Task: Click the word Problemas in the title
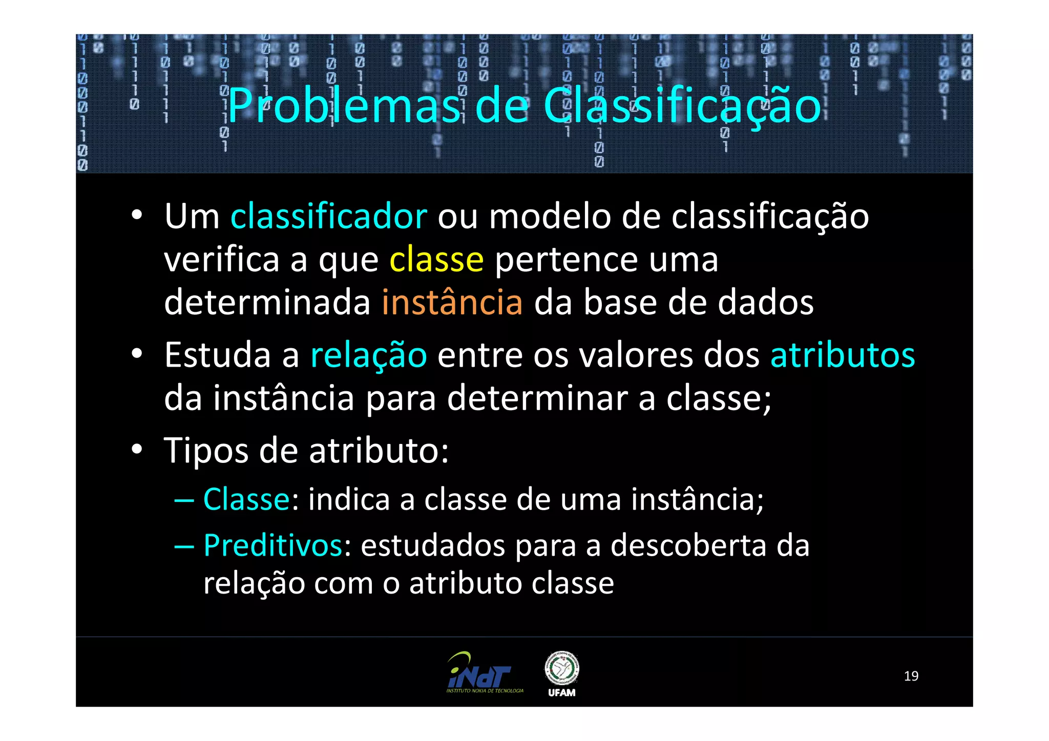pyautogui.click(x=344, y=106)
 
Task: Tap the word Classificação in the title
pyautogui.click(x=682, y=106)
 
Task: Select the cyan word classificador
pyautogui.click(x=328, y=217)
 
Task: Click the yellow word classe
pyautogui.click(x=436, y=260)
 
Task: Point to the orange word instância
pyautogui.click(x=452, y=303)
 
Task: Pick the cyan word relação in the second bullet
pyautogui.click(x=369, y=355)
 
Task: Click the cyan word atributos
pyautogui.click(x=843, y=355)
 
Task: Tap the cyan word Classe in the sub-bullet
pyautogui.click(x=247, y=499)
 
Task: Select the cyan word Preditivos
pyautogui.click(x=273, y=545)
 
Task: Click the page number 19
pyautogui.click(x=911, y=676)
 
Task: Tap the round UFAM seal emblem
pyautogui.click(x=562, y=668)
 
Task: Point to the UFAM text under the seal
pyautogui.click(x=562, y=693)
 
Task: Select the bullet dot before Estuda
pyautogui.click(x=136, y=354)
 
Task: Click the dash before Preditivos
pyautogui.click(x=184, y=546)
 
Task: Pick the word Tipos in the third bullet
pyautogui.click(x=206, y=451)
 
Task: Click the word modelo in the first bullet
pyautogui.click(x=550, y=217)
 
